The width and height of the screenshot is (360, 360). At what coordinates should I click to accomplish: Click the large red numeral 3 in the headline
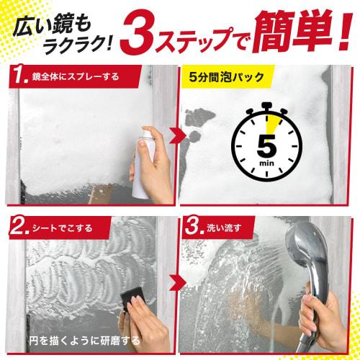(x=142, y=34)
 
